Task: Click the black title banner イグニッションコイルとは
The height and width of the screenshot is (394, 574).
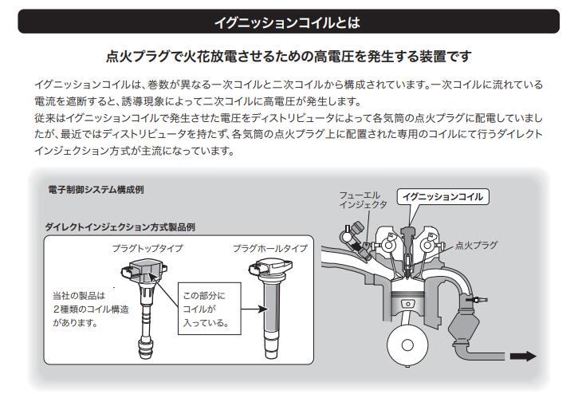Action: click(287, 21)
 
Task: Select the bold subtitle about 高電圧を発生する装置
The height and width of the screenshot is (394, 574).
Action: click(287, 57)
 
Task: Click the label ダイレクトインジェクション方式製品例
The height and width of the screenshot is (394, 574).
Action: click(120, 227)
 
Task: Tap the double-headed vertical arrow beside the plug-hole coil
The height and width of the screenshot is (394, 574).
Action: click(243, 307)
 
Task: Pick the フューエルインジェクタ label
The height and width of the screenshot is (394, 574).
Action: click(363, 199)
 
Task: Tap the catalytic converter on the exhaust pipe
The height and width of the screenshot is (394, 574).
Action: click(477, 327)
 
